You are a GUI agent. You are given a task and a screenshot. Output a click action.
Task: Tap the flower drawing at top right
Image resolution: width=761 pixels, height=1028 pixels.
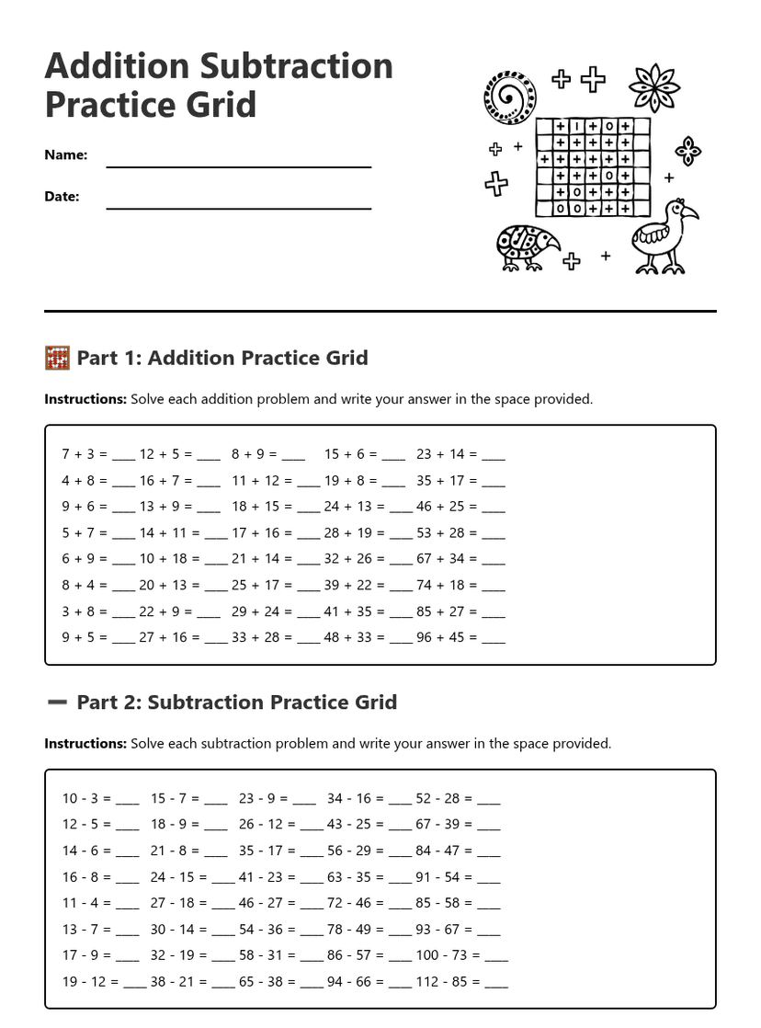[x=653, y=87]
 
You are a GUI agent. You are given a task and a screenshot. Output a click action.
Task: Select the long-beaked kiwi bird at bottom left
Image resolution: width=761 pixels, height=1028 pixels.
[x=526, y=247]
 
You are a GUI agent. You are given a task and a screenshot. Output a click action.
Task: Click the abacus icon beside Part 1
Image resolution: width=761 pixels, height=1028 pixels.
[x=57, y=358]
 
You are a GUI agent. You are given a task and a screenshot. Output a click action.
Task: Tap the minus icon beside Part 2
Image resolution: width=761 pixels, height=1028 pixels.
[x=57, y=702]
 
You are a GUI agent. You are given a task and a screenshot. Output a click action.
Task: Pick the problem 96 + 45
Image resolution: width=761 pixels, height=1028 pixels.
[x=440, y=637]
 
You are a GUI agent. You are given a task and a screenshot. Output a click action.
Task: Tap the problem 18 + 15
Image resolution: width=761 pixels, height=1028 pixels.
[x=256, y=506]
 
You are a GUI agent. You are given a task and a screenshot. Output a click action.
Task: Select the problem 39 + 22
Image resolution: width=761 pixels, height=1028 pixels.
[x=347, y=585]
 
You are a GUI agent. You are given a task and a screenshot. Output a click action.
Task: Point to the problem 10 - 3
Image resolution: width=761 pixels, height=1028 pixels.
[x=82, y=798]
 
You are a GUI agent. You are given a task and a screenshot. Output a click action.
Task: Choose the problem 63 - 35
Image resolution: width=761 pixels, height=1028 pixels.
[x=349, y=877]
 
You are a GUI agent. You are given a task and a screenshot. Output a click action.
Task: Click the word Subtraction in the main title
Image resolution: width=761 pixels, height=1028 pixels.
[x=296, y=66]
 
